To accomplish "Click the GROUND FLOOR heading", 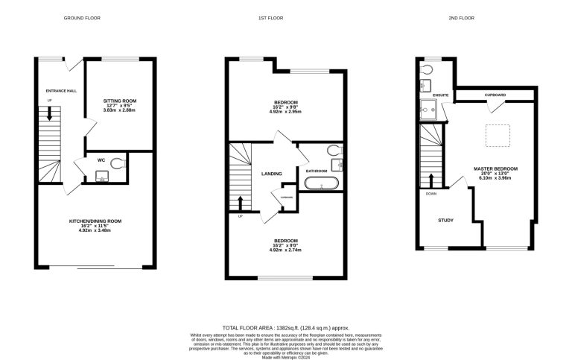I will point(82,17).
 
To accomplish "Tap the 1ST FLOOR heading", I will point(286,17).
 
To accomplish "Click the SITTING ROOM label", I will point(120,101).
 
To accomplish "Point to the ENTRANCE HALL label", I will point(61,90).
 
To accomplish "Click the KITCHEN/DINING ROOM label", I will point(95,221).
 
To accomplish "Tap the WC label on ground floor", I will point(101,160).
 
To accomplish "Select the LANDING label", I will point(270,174).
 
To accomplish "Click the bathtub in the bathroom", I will point(325,183).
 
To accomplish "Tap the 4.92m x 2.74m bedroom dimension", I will point(286,250).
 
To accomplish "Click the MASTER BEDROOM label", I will point(495,169).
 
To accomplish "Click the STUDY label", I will point(445,220).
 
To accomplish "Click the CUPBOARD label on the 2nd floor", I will point(495,95).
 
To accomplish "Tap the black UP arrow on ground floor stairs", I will point(50,114).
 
